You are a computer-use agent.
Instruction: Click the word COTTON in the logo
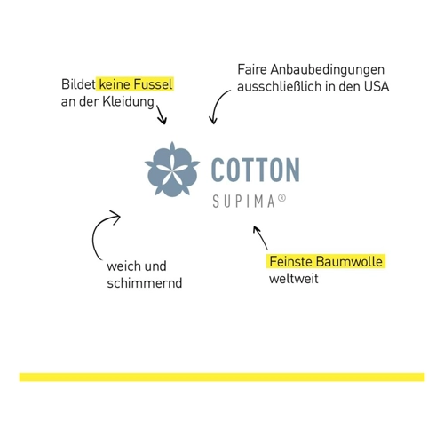pyautogui.click(x=256, y=170)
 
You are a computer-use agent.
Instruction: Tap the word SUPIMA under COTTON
pyautogui.click(x=244, y=202)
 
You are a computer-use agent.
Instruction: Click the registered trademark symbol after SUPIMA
pyautogui.click(x=282, y=198)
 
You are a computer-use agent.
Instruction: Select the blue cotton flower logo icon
pyautogui.click(x=172, y=170)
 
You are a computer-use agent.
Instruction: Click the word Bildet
pyautogui.click(x=78, y=84)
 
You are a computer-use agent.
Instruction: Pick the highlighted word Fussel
pyautogui.click(x=153, y=84)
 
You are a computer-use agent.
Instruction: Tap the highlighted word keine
pyautogui.click(x=115, y=84)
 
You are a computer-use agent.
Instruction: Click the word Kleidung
pyautogui.click(x=128, y=102)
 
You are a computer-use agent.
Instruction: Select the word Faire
pyautogui.click(x=251, y=70)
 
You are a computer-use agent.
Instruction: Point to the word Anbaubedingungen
pyautogui.click(x=327, y=70)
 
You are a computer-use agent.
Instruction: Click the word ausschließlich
pyautogui.click(x=280, y=86)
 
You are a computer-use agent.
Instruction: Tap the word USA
pyautogui.click(x=377, y=86)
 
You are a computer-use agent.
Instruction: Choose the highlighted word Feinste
pyautogui.click(x=291, y=262)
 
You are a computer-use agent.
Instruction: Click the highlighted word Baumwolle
pyautogui.click(x=349, y=262)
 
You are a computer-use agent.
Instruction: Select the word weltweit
pyautogui.click(x=294, y=279)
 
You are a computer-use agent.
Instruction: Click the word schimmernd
pyautogui.click(x=145, y=283)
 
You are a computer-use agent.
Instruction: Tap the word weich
pyautogui.click(x=123, y=266)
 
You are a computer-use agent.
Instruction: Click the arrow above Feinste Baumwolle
pyautogui.click(x=260, y=238)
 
